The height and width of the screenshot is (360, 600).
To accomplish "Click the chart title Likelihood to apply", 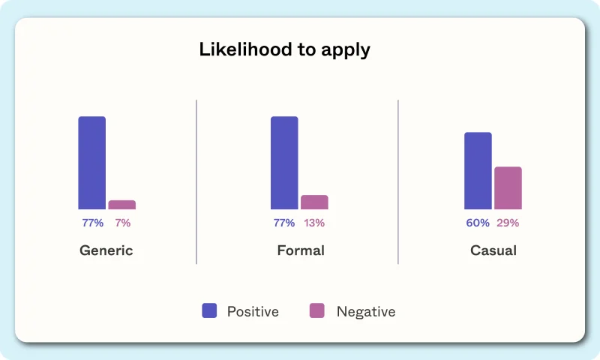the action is click(x=285, y=49).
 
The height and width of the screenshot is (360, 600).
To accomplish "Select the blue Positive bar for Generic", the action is click(x=91, y=163).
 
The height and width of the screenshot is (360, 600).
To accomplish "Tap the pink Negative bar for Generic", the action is click(x=122, y=205).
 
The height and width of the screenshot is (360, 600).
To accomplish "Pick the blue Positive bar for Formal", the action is click(x=284, y=163).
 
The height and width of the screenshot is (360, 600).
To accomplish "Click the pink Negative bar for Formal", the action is click(x=314, y=202).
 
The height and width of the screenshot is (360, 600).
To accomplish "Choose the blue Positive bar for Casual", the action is click(x=478, y=171).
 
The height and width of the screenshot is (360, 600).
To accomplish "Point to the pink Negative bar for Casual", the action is click(x=508, y=187).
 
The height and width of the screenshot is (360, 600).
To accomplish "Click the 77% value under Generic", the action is click(x=92, y=223).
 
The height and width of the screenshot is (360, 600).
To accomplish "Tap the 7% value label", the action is click(x=123, y=223).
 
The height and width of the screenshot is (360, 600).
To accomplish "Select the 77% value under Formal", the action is click(x=284, y=223).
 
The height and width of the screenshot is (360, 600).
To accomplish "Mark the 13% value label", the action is click(x=314, y=223).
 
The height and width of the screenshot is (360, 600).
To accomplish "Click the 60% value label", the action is click(x=478, y=223).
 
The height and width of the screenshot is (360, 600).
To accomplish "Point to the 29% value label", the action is click(x=508, y=223).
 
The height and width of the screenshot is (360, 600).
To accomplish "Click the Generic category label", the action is click(x=106, y=250).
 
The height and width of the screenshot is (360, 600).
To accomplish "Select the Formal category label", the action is click(x=301, y=250).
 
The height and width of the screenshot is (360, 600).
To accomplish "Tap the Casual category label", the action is click(x=493, y=250).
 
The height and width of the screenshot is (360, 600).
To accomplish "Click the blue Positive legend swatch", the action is click(x=209, y=310).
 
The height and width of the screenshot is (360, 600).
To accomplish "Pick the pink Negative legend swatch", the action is click(x=316, y=310).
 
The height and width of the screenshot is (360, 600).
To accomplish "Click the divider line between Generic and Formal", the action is click(x=196, y=181).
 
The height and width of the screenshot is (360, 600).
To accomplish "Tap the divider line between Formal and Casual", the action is click(x=398, y=181).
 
